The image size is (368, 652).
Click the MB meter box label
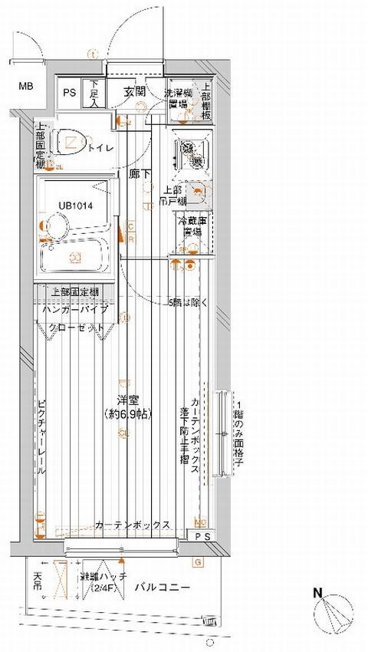click(x=26, y=86)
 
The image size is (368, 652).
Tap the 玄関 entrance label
click(x=134, y=91)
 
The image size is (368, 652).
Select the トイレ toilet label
click(x=101, y=147)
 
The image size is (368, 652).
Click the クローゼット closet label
click(x=76, y=327)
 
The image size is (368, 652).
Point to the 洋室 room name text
click(x=127, y=401)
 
